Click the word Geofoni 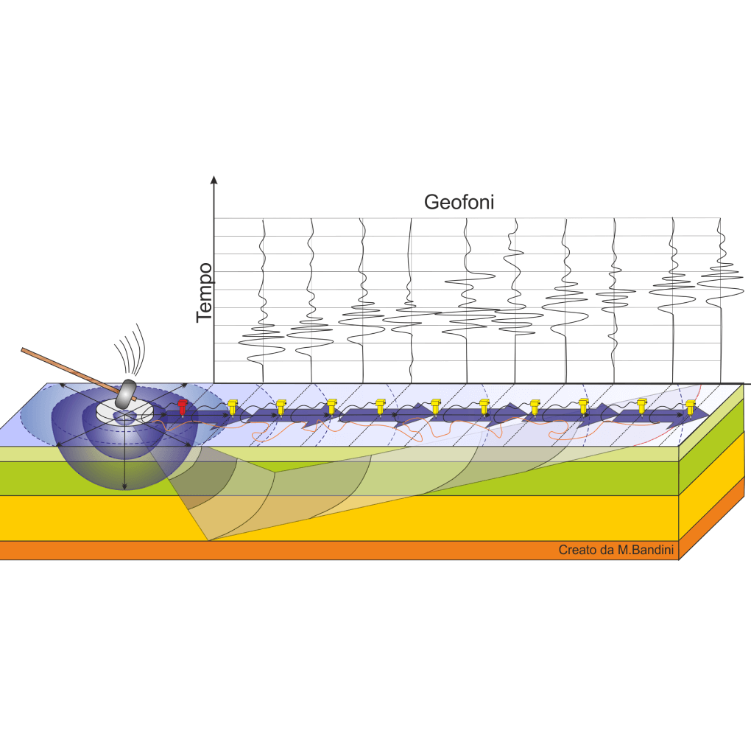click(x=459, y=202)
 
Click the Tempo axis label click(x=205, y=293)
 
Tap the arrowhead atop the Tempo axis click(x=214, y=180)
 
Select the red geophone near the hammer click(x=182, y=407)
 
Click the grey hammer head click(x=127, y=393)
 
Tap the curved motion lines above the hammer click(x=130, y=350)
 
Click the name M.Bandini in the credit click(x=646, y=550)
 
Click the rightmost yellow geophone click(x=690, y=407)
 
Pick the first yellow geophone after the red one click(x=232, y=407)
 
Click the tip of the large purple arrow click(x=709, y=413)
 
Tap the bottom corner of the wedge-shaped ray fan click(x=209, y=540)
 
